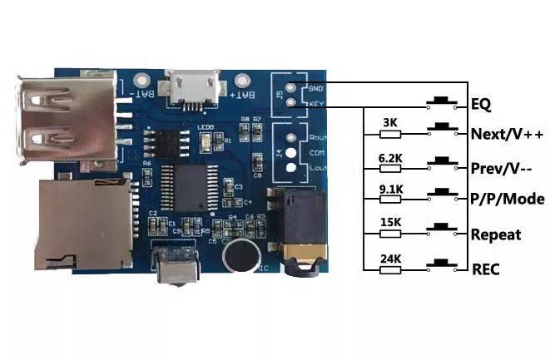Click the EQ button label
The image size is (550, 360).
click(x=481, y=105)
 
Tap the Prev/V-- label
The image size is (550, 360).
click(x=502, y=166)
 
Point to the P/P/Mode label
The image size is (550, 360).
click(x=508, y=200)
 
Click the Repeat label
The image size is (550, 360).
click(x=496, y=234)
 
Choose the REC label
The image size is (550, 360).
click(x=485, y=269)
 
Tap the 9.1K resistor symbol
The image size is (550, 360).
click(x=390, y=198)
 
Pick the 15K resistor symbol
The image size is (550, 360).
click(x=390, y=234)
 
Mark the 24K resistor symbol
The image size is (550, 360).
click(x=390, y=269)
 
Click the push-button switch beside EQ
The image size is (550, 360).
click(x=442, y=101)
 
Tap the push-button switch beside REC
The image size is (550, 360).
click(x=442, y=265)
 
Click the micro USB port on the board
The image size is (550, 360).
click(x=193, y=86)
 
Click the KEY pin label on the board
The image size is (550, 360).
click(x=315, y=103)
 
